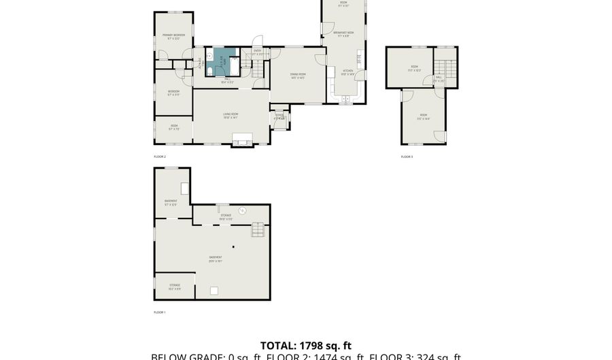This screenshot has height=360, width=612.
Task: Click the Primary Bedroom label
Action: [x=173, y=36]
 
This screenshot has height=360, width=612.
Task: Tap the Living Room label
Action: [x=231, y=116]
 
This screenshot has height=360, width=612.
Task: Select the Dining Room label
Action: [x=297, y=76]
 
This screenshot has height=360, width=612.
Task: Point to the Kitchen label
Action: [x=347, y=72]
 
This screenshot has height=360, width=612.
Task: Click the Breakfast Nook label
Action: [x=343, y=34]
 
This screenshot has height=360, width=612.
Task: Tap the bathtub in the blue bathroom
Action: [x=234, y=66]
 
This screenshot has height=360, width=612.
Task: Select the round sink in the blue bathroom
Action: [x=210, y=56]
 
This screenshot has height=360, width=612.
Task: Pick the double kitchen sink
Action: [x=345, y=99]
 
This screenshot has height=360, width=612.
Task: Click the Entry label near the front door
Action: [x=257, y=52]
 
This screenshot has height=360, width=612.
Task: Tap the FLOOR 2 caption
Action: [x=160, y=157]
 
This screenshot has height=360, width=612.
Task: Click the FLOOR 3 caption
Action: [x=407, y=157]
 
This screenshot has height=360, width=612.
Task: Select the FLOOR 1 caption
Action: [x=160, y=312]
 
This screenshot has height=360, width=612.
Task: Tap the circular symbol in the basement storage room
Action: [x=241, y=210]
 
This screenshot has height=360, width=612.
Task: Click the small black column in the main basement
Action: [x=233, y=246]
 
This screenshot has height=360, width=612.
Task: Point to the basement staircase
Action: [x=258, y=229]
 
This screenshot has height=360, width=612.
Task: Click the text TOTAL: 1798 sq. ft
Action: [x=306, y=346]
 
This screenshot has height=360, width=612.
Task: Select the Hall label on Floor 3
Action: [x=439, y=78]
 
